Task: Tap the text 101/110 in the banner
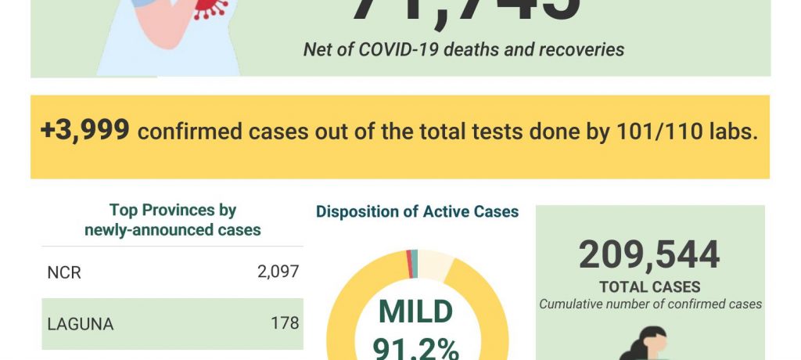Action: pos(659,131)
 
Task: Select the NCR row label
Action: pos(64,273)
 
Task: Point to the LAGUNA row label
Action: pos(81,323)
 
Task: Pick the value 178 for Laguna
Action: pos(286,322)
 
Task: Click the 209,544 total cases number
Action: pos(649,255)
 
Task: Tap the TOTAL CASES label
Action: pos(649,287)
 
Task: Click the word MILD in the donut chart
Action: pos(415,311)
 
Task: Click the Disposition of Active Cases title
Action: pos(417,211)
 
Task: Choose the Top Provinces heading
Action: pos(172,210)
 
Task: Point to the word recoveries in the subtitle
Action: pos(582,50)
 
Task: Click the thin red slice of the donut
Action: pos(409,264)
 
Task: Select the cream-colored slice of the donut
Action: pos(436,265)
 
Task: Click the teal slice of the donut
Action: pos(415,263)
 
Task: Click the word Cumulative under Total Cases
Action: pos(572,304)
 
